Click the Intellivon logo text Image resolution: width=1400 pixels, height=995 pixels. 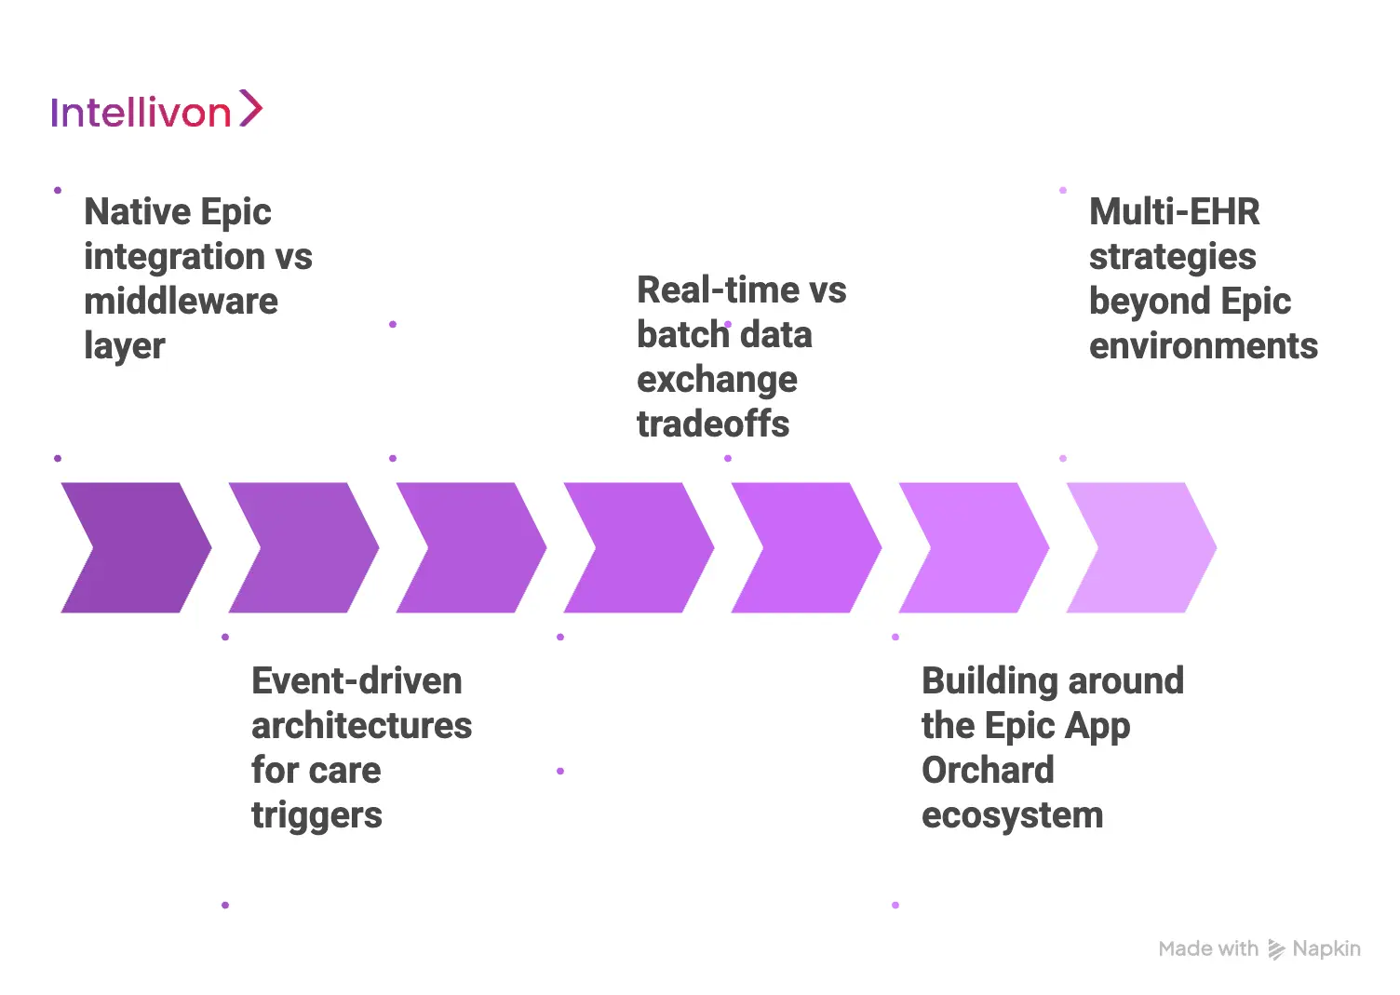tap(141, 113)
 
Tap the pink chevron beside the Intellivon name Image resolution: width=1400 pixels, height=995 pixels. tap(250, 108)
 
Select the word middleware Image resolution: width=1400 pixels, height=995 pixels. tap(181, 302)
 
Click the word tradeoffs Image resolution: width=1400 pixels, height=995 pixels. tap(713, 424)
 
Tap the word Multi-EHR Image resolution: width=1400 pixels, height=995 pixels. tap(1174, 212)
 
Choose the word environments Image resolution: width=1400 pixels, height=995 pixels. tap(1203, 346)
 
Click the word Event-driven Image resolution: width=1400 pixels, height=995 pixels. tap(357, 681)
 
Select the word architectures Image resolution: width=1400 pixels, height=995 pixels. tap(361, 726)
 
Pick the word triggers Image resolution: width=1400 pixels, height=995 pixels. tap(316, 815)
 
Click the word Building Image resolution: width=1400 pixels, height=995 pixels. tap(989, 681)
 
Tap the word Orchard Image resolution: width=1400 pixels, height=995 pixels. tap(988, 771)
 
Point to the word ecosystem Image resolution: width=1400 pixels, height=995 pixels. tap(1012, 815)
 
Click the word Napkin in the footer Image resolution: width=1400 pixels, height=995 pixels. tap(1326, 948)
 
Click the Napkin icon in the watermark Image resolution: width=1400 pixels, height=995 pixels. tap(1276, 949)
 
